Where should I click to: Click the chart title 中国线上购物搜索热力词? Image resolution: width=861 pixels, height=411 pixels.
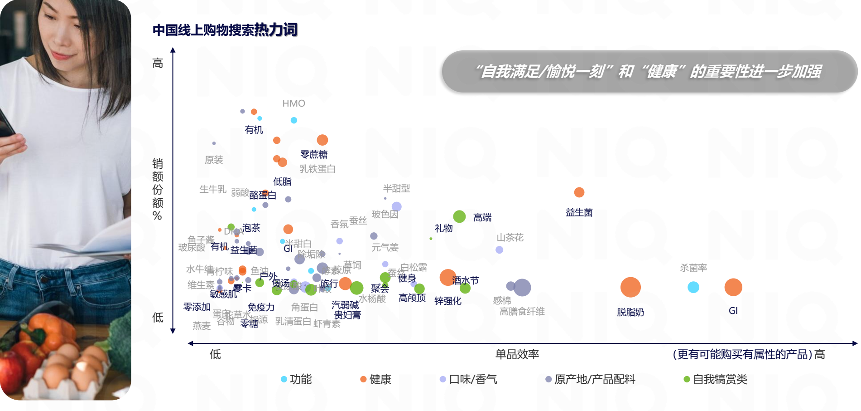coord(225,30)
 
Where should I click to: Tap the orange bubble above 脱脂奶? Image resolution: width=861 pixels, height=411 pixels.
coord(630,287)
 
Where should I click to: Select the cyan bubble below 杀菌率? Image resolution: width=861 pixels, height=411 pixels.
coord(693,287)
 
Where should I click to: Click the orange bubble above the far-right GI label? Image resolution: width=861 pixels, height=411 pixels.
coord(733,287)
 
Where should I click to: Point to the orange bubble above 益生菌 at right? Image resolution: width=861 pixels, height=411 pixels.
coord(579,192)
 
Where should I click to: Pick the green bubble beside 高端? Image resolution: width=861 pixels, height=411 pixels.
coord(459,216)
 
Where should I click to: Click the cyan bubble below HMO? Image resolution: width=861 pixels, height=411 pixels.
coord(293,120)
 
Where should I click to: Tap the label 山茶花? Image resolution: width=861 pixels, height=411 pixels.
coord(510,237)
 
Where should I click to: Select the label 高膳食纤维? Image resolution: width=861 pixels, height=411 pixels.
coord(522,311)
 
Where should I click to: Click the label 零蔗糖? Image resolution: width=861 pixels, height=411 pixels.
coord(314,154)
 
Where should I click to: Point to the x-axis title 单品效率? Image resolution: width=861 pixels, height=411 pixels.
coord(517,354)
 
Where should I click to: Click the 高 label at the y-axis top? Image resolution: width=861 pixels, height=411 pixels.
coord(158,63)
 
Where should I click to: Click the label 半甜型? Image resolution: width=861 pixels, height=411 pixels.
coord(396,188)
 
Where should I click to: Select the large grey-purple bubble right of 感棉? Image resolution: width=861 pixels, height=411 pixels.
coord(522,287)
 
